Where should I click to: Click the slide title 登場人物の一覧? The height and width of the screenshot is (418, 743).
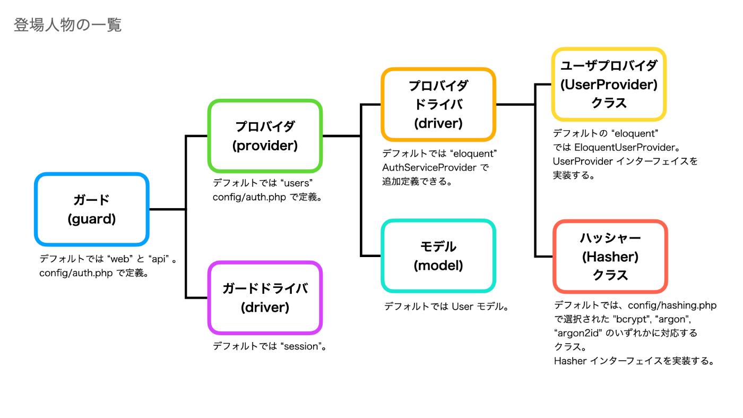tap(68, 25)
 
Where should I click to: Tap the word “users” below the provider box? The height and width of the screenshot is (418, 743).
tap(296, 183)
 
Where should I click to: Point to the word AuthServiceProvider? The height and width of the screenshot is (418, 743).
tap(429, 168)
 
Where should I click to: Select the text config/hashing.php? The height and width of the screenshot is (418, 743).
tap(672, 305)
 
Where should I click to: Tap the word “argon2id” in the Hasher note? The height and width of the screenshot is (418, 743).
tap(578, 333)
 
